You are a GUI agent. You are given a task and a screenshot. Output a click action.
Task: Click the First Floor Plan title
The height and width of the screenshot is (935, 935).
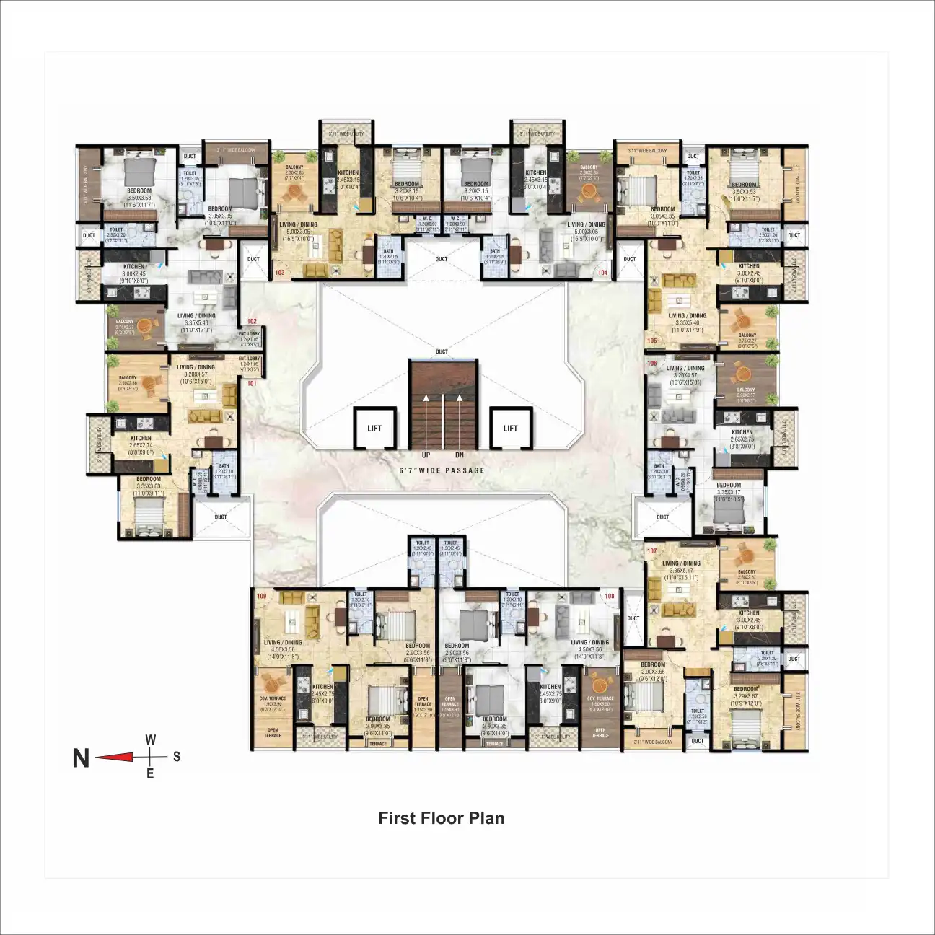coord(441,818)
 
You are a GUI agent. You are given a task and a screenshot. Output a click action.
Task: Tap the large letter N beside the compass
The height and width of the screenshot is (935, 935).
coord(82,758)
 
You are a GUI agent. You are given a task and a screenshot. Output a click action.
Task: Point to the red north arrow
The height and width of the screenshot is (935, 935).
coord(115,757)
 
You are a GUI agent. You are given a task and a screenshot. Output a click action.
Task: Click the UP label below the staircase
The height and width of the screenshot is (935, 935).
coord(426,455)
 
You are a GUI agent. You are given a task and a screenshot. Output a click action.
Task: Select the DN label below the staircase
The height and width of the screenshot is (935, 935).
coord(460,455)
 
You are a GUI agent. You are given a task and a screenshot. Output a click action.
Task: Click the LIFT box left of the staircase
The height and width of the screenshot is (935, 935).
coord(374,429)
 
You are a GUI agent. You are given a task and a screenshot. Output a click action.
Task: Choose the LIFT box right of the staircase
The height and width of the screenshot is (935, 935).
coord(510,429)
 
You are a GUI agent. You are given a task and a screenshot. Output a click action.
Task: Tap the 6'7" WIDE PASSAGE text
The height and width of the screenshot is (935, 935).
coord(442,470)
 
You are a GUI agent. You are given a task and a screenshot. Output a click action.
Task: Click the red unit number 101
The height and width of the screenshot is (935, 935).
coord(252,383)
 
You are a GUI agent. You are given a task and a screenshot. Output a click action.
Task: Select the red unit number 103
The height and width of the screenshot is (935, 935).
coord(280,273)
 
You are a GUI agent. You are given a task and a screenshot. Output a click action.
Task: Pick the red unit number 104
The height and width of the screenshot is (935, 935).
coord(602,273)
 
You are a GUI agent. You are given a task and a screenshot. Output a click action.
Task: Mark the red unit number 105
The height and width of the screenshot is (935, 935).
coord(652,341)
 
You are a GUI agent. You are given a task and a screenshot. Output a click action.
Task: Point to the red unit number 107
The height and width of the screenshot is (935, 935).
coord(652,551)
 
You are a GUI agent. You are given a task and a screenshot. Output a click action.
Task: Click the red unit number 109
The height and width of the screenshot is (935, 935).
coord(262,597)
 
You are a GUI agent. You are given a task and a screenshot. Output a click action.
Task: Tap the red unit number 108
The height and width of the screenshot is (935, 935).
coord(610,597)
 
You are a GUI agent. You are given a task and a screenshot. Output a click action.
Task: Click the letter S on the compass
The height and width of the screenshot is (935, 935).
coord(177,757)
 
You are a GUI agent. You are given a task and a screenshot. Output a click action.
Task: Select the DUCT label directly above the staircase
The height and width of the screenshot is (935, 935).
coord(442,352)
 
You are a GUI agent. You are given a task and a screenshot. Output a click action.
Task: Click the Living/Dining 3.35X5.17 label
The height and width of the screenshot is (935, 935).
coord(681,567)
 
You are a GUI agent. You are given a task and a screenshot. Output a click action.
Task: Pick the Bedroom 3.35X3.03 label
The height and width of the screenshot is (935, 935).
coord(149,483)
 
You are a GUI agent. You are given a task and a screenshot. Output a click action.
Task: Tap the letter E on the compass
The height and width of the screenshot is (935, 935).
coord(150,774)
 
